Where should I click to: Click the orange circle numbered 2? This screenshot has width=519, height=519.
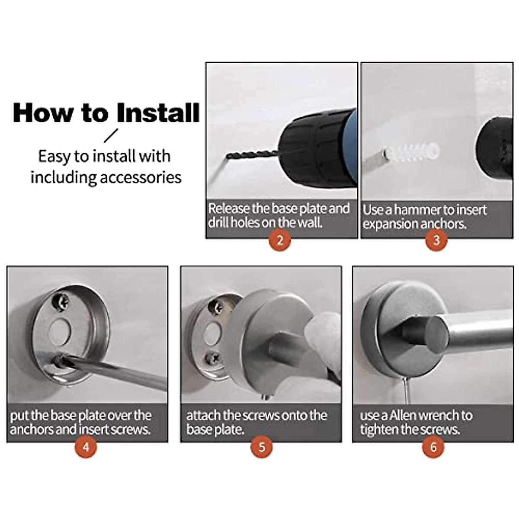tap(280, 240)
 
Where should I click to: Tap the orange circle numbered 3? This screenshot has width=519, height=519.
tap(436, 240)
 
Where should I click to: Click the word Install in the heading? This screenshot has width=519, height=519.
tap(158, 113)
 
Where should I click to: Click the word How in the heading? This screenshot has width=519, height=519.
tap(43, 113)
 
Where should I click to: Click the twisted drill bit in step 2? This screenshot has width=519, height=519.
tap(252, 155)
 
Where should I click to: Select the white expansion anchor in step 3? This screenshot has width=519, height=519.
tap(412, 150)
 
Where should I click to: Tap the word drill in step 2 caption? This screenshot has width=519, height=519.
tap(216, 223)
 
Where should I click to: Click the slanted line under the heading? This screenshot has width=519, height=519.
tap(111, 135)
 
